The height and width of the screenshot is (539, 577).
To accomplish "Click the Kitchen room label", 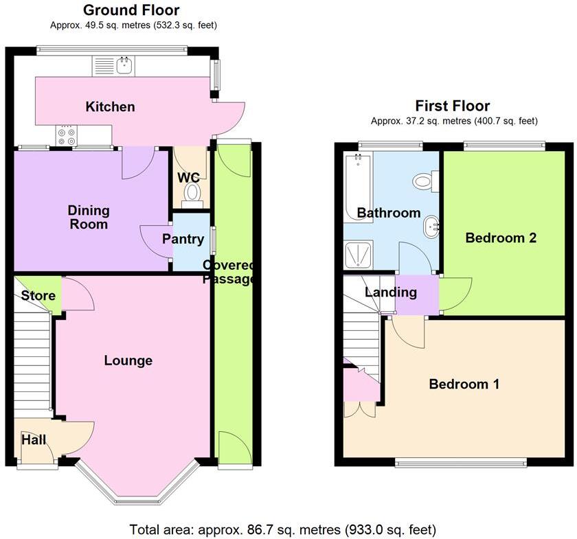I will [110, 106].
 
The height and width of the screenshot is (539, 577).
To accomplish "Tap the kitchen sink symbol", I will [125, 66].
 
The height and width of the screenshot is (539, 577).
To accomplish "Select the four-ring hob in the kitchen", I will [66, 137].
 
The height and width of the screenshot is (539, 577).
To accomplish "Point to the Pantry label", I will [183, 239].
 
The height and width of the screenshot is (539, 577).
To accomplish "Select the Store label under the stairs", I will [38, 296].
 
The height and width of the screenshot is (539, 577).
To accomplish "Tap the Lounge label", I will [128, 360].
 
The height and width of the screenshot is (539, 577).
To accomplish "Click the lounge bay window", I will [137, 485].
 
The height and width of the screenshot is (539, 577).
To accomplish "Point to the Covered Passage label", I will [229, 273].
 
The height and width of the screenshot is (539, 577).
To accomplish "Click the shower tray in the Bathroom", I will [357, 254].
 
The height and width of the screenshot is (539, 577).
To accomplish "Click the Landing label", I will [390, 293].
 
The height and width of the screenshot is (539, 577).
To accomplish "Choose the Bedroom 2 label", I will [500, 238].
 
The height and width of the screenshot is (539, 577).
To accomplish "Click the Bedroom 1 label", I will [464, 384].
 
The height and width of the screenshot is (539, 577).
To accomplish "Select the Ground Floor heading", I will [131, 10].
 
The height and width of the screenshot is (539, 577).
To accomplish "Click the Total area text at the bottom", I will [282, 530].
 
